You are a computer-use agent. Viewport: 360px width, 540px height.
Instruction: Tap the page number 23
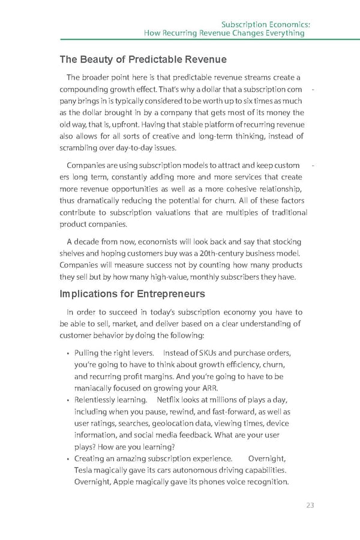pos(310,505)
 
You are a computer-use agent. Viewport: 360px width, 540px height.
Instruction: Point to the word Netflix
pos(168,400)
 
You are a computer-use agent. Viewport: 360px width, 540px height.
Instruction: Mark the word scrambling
pos(83,148)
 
